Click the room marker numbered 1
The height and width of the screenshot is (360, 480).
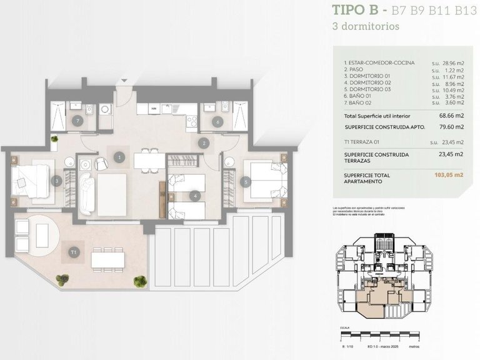[x=118, y=158]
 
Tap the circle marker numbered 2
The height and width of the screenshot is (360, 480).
[x=203, y=142]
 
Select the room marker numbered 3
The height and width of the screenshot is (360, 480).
[x=57, y=182]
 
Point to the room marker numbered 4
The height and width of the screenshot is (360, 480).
[x=196, y=196]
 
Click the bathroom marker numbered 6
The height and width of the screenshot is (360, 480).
[x=217, y=122]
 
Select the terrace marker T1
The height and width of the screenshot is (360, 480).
[x=74, y=252]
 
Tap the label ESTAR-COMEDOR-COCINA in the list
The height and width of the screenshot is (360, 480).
[x=375, y=64]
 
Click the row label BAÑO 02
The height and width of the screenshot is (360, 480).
[x=361, y=103]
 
